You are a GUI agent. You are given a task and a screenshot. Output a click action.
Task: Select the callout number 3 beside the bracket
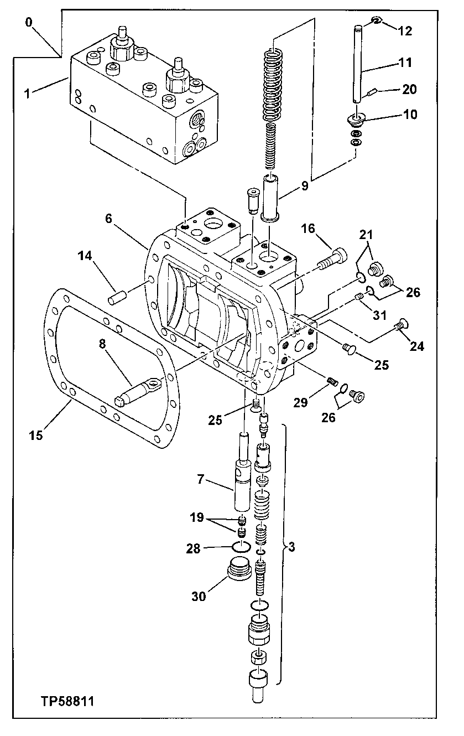[291, 548]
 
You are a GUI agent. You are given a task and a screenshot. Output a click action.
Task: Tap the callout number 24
[417, 346]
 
